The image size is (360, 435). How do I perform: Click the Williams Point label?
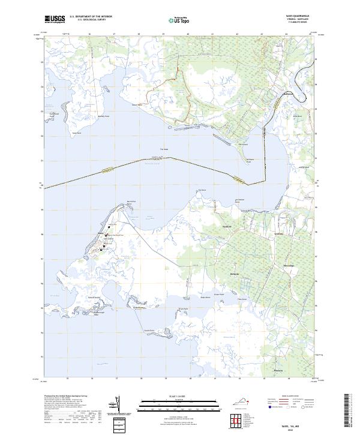[x=250, y=160]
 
